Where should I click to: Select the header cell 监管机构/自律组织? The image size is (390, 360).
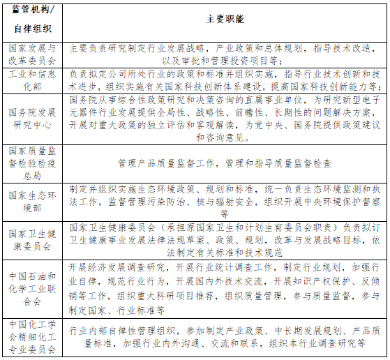[33, 20]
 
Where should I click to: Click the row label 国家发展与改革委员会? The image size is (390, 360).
[33, 54]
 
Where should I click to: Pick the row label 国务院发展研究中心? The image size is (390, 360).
[33, 118]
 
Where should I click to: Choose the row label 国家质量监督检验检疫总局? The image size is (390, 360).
[33, 163]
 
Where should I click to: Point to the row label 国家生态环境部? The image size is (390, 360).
[33, 202]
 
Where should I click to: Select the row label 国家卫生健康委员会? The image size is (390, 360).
[33, 239]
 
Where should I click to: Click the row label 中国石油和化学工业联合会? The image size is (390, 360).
[33, 284]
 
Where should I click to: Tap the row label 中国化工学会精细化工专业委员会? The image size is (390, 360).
[33, 337]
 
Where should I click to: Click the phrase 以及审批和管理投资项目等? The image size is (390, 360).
[224, 61]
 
